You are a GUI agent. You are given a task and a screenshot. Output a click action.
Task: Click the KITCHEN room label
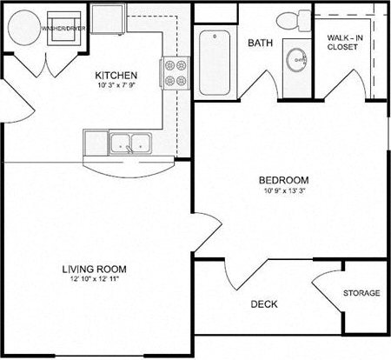115,75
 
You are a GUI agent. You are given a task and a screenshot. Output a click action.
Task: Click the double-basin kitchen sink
129,143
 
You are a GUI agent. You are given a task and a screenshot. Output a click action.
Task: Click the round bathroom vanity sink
298,61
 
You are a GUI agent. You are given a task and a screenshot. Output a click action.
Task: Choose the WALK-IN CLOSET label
346,43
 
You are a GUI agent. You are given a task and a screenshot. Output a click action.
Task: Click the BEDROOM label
284,180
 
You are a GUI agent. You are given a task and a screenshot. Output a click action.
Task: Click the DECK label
264,304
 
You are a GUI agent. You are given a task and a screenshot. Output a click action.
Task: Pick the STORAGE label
361,293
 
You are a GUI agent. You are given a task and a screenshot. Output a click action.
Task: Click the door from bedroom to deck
243,277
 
